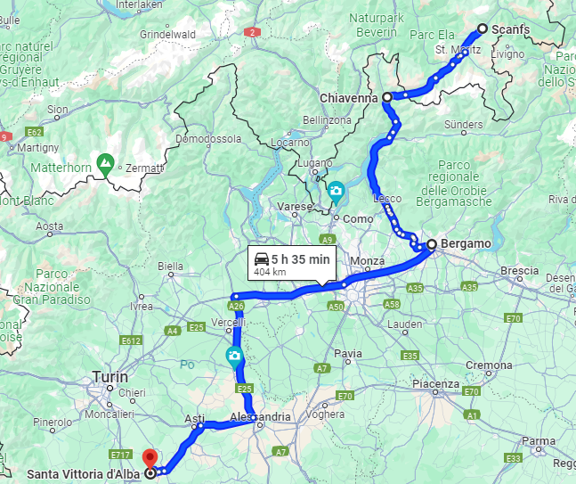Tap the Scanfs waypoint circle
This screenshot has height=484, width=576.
483,29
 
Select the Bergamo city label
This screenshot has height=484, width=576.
466,243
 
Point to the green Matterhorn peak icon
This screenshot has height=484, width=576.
106,164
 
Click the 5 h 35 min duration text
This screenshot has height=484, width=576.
300,259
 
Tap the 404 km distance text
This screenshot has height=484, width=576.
270,272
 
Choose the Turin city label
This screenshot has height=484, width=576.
110,378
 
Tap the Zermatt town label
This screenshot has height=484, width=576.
145,168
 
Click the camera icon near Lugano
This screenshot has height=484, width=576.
337,190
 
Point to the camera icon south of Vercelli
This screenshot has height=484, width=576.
233,357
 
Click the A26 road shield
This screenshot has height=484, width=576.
237,306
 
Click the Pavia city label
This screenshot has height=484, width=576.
348,354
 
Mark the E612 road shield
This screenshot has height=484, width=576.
132,340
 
